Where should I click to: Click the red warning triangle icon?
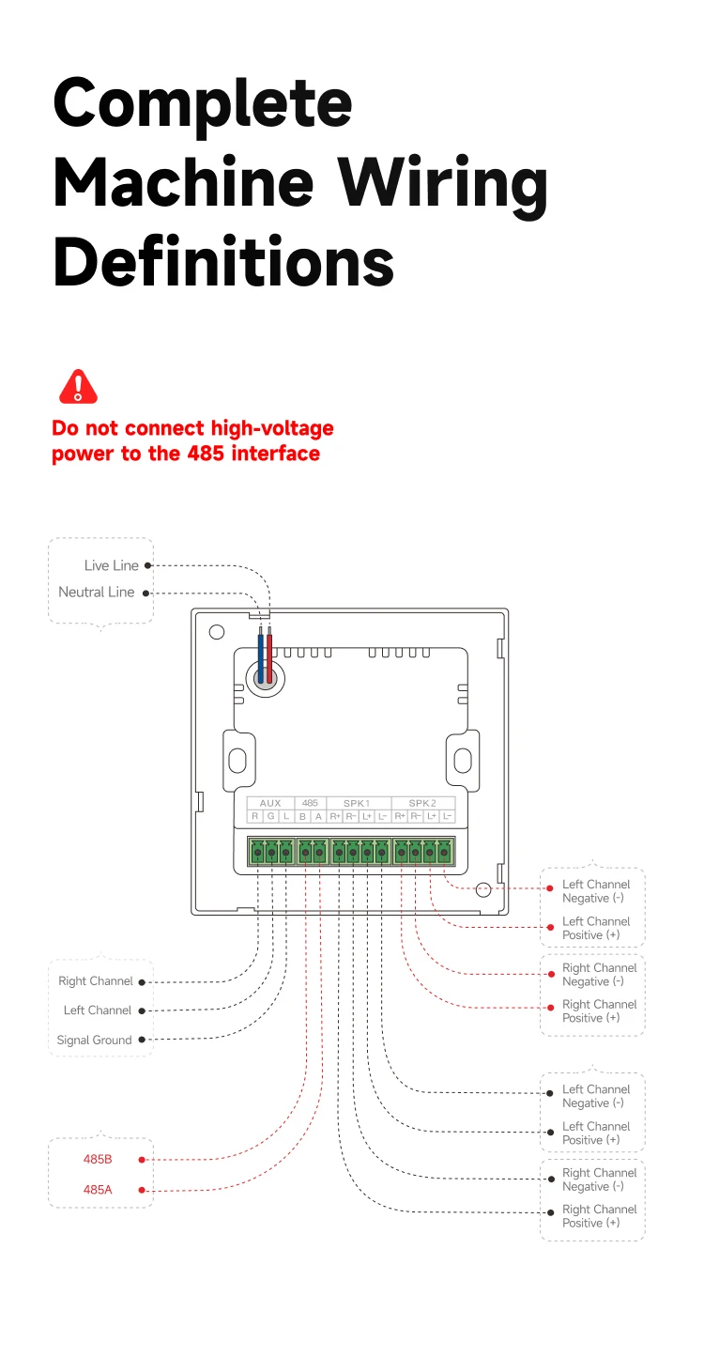[78, 387]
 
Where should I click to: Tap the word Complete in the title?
[203, 103]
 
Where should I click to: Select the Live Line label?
[111, 565]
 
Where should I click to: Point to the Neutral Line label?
[97, 592]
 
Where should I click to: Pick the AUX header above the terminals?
[270, 803]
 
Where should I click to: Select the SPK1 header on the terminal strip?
[357, 803]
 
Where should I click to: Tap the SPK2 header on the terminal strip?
[422, 803]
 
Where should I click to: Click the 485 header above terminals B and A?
[310, 803]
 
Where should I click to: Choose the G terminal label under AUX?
[270, 817]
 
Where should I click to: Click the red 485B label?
[98, 1160]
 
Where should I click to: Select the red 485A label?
[98, 1190]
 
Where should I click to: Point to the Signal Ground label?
[94, 1040]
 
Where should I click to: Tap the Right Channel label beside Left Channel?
[96, 981]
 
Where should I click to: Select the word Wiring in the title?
[443, 183]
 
